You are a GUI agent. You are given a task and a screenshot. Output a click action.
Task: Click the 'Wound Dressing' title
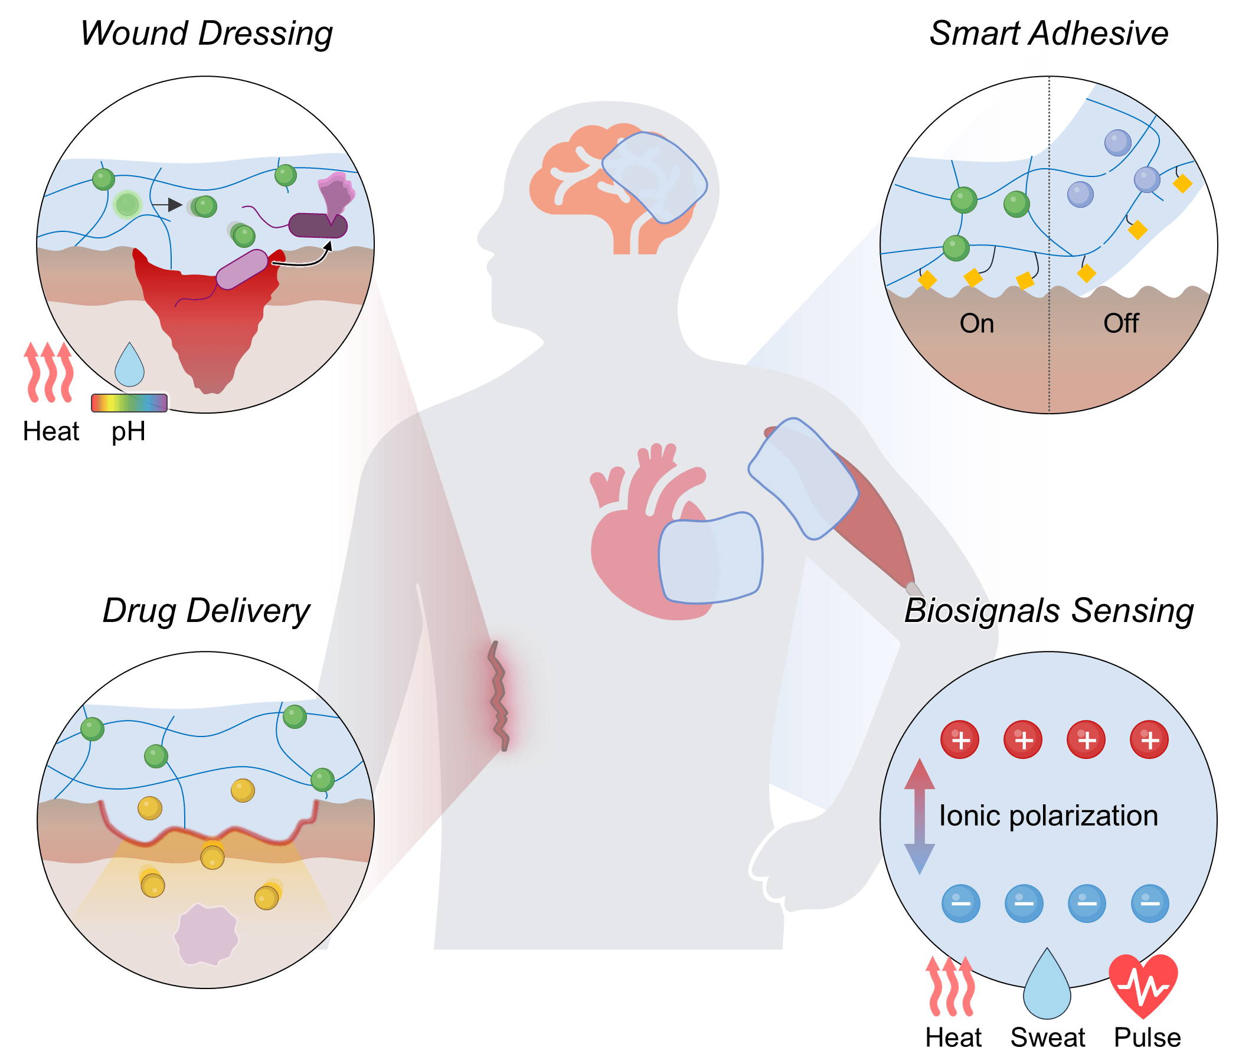pos(206,34)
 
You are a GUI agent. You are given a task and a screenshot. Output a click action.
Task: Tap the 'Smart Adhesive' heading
pos(1048,34)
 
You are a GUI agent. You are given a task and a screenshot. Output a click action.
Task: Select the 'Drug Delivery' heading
pos(206,611)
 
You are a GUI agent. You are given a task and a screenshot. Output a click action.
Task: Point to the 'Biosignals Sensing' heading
pos(1048,611)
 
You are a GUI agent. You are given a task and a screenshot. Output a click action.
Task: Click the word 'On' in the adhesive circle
pos(976,323)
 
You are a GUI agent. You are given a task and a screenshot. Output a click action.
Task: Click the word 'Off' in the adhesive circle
pos(1120,323)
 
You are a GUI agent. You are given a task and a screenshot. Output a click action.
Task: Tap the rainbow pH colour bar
pos(129,403)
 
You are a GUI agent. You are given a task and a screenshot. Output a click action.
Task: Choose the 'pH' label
pos(129,431)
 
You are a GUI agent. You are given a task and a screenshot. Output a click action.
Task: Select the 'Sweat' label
pos(1048,1037)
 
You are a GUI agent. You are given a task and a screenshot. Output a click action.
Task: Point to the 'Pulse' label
pos(1147,1037)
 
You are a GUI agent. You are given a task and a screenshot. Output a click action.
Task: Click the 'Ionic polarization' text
pos(1048,816)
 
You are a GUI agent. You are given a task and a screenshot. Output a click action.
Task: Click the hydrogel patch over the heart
pos(710,558)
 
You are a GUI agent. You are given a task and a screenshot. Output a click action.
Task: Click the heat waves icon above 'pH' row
pos(49,372)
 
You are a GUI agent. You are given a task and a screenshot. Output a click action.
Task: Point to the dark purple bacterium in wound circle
pos(318,226)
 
